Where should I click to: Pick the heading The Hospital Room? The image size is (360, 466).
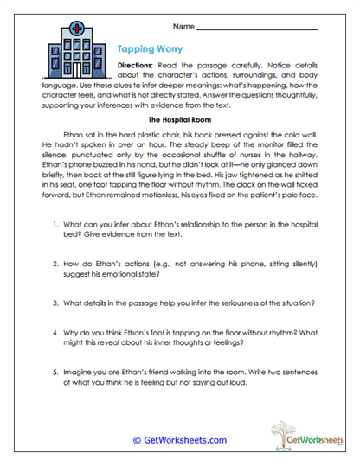coord(179,120)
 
